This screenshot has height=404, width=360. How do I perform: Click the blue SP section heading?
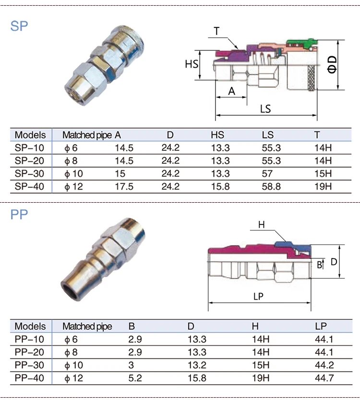coord(19,25)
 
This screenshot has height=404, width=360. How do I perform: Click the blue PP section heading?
coord(19,215)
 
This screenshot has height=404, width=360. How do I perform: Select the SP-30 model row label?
coord(29,173)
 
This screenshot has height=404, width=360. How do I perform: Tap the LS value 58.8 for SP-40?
coord(271,186)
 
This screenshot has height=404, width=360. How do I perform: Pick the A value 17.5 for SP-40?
coord(124,186)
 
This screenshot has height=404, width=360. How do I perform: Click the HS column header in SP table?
coord(217,135)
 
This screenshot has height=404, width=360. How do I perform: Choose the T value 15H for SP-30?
coord(323,173)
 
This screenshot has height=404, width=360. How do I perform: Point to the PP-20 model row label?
coord(29,352)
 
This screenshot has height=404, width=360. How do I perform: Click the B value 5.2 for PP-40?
coord(135,378)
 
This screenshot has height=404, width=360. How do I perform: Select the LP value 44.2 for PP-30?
coord(324,365)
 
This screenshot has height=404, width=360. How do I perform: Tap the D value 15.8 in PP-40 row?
coord(197,378)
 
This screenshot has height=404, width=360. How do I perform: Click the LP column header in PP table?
coord(321,327)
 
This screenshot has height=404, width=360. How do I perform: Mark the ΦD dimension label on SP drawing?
coord(332,64)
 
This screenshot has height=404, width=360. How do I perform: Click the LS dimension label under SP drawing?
coord(265,109)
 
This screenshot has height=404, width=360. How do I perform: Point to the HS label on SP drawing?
coord(192,64)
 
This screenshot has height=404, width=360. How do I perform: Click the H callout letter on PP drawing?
coord(261,224)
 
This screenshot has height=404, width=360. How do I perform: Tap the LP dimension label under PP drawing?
coord(258,296)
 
